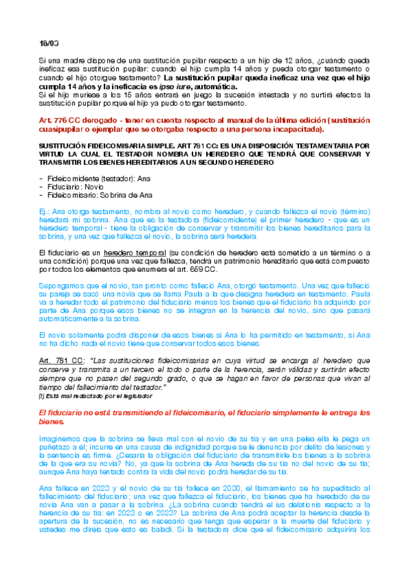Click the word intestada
point(246,96)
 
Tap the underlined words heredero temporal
point(137,252)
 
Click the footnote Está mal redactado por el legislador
point(99,396)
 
